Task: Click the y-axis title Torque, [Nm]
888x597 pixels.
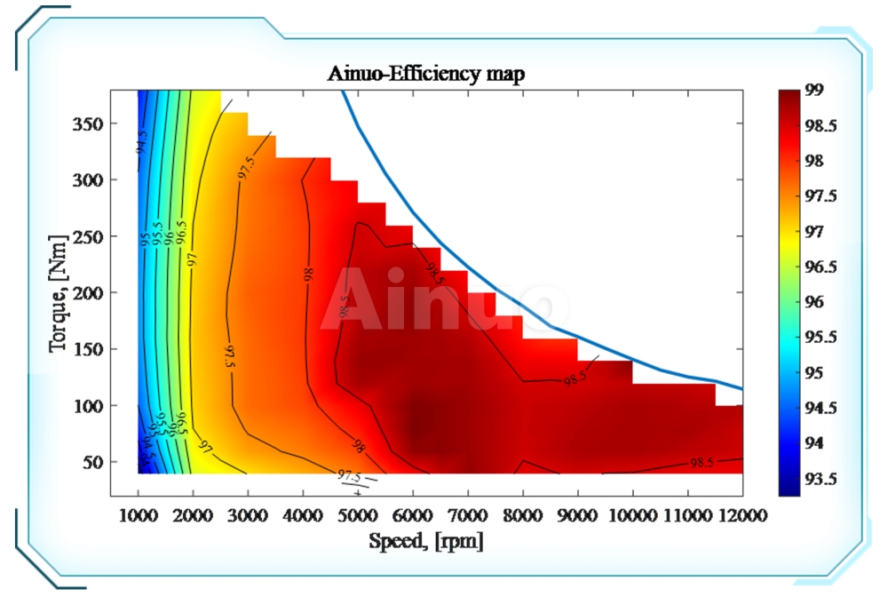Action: [x=59, y=291]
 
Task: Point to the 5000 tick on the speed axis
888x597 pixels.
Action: [x=358, y=515]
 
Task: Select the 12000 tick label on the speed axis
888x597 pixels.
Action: [x=743, y=515]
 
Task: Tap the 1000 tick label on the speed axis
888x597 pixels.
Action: [x=138, y=515]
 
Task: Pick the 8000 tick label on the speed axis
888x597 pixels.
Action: [x=523, y=515]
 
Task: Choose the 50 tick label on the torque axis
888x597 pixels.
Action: [x=93, y=462]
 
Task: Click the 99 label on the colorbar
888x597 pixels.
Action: [x=814, y=91]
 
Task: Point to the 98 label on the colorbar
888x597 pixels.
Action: [x=814, y=161]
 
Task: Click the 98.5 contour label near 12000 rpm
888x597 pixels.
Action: [x=702, y=463]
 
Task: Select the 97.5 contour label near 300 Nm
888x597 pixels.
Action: [x=246, y=169]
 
